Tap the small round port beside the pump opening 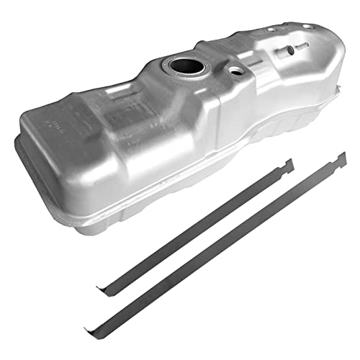235,72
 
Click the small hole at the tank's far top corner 307,27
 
